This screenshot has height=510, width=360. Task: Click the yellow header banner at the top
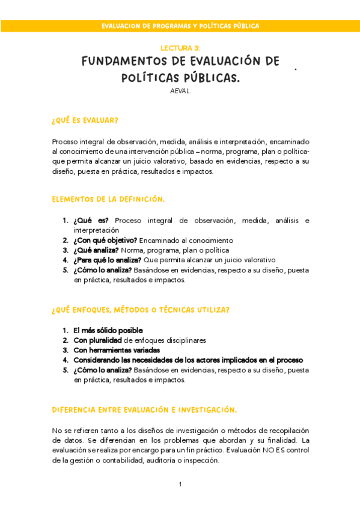click(x=180, y=26)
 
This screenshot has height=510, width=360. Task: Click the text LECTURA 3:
click(x=180, y=47)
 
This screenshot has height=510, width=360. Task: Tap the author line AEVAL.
click(x=180, y=91)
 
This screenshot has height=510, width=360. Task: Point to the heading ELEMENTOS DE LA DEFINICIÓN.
click(x=108, y=199)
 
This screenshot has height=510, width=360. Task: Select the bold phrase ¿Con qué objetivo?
click(x=105, y=240)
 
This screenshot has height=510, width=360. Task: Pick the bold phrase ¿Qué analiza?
click(x=96, y=250)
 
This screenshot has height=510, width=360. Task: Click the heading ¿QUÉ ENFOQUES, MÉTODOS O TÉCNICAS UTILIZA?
click(x=140, y=310)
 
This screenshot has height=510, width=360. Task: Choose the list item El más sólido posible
click(x=108, y=330)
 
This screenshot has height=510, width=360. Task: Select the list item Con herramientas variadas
click(x=117, y=350)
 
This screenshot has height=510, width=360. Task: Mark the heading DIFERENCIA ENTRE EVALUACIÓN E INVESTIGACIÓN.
click(x=144, y=410)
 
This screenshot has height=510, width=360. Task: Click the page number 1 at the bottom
click(x=180, y=484)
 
